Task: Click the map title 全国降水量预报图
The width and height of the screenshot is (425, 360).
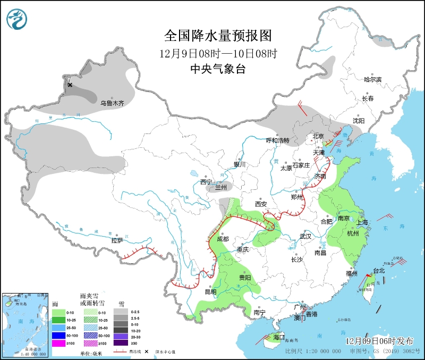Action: [218, 36]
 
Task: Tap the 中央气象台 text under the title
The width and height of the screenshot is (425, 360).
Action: [218, 69]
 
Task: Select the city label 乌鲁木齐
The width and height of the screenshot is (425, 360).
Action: [112, 103]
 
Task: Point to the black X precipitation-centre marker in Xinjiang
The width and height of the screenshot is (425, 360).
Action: [70, 85]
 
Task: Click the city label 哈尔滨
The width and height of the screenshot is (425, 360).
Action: [372, 79]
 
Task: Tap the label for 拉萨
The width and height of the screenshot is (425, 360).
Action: [118, 240]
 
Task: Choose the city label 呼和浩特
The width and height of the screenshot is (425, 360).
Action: [277, 140]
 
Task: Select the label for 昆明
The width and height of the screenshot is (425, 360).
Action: [210, 291]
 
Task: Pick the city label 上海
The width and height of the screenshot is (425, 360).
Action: [363, 222]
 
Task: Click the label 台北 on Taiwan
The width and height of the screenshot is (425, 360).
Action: [379, 271]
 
